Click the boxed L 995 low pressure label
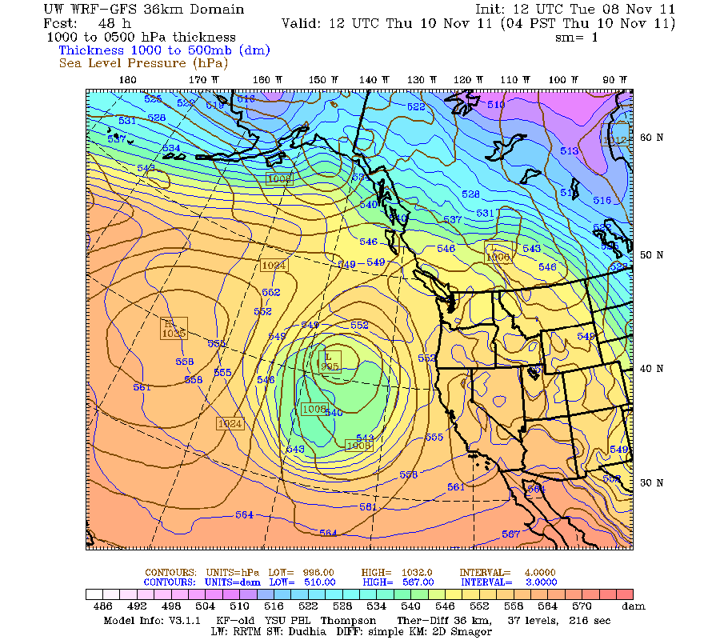pyautogui.click(x=330, y=361)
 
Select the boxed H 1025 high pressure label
pyautogui.click(x=174, y=327)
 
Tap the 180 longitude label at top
pyautogui.click(x=127, y=79)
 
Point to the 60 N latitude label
pyautogui.click(x=651, y=137)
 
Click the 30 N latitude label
pyautogui.click(x=651, y=482)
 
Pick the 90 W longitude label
pyautogui.click(x=614, y=79)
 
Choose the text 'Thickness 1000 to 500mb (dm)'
pyautogui.click(x=164, y=50)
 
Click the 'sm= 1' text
pyautogui.click(x=577, y=37)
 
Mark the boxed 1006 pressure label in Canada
pyautogui.click(x=498, y=253)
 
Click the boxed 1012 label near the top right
pyautogui.click(x=615, y=140)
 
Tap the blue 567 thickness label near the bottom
pyautogui.click(x=510, y=534)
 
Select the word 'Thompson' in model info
pyautogui.click(x=350, y=620)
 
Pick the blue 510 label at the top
pyautogui.click(x=496, y=105)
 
